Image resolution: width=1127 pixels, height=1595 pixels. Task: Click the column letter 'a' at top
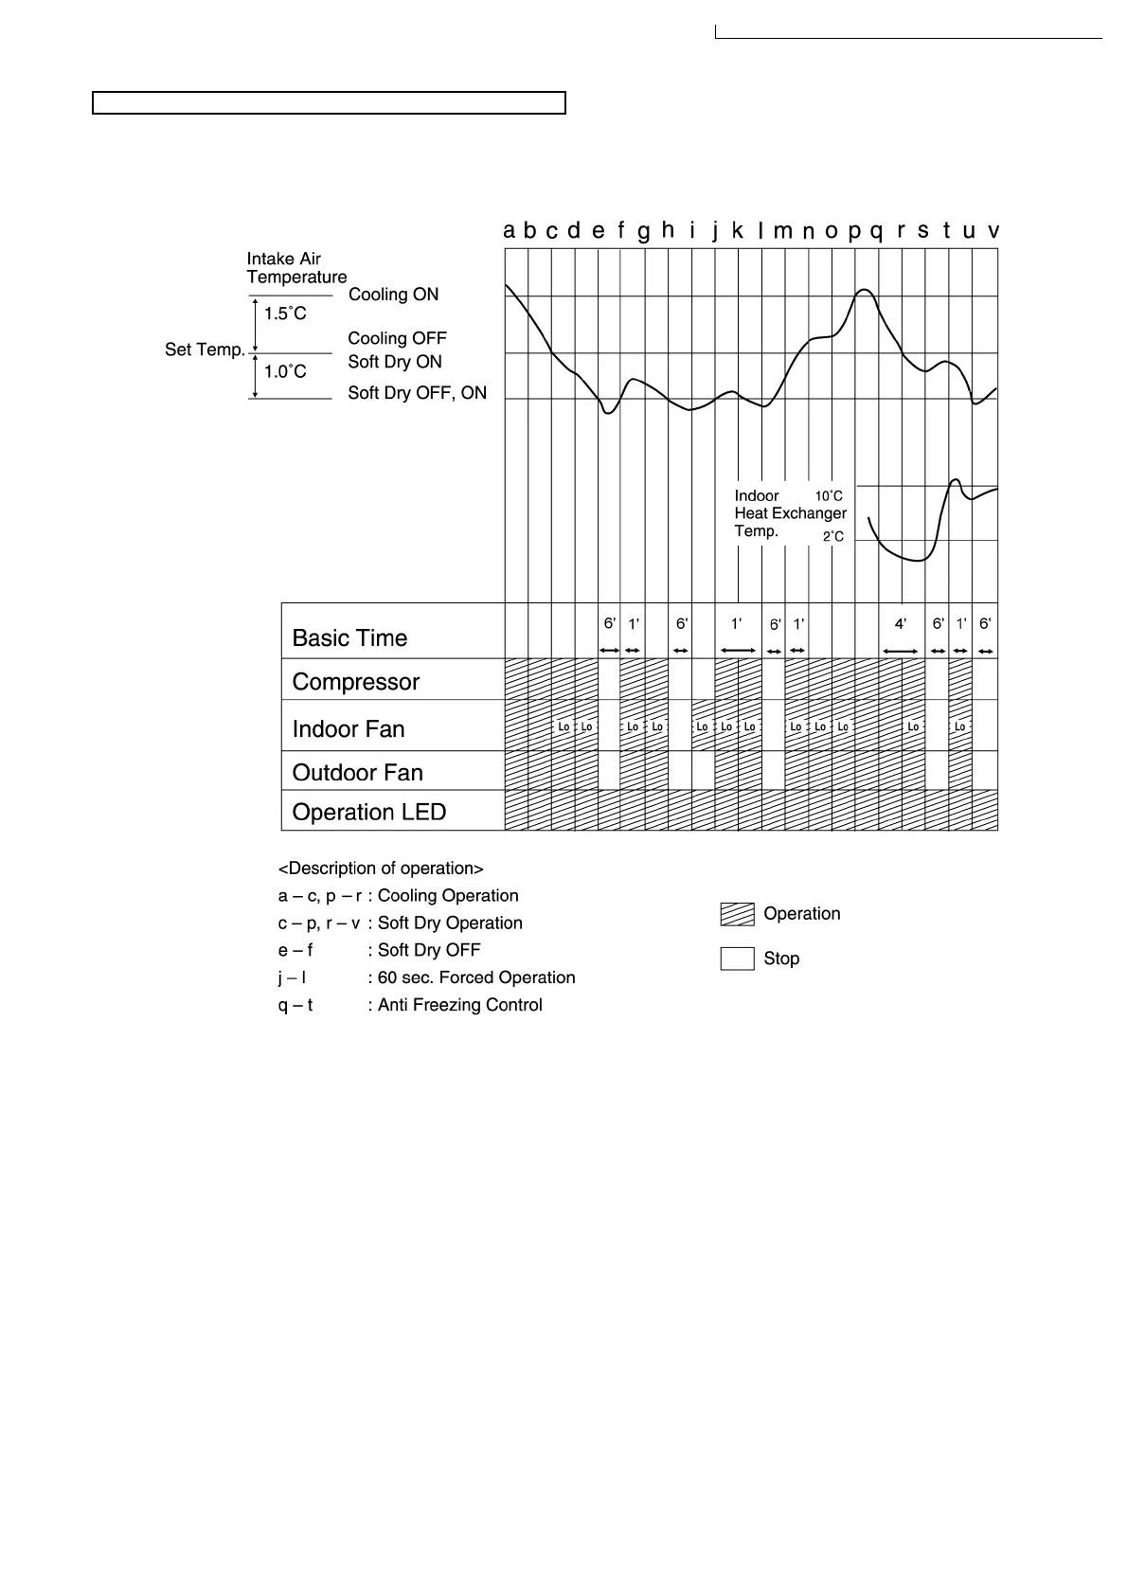[x=510, y=230]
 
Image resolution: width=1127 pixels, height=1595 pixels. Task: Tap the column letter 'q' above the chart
[x=876, y=231]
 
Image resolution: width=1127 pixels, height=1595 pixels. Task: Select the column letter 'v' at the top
[x=993, y=230]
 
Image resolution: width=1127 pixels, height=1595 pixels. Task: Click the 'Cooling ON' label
[x=393, y=295]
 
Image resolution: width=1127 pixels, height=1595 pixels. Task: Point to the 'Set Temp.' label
[x=205, y=349]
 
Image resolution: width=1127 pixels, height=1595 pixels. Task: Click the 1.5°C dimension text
[x=285, y=314]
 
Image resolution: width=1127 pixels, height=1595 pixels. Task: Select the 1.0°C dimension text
[x=285, y=372]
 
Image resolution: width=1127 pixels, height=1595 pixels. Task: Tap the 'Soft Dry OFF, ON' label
[x=417, y=393]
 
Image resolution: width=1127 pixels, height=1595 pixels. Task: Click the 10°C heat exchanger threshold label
[x=829, y=495]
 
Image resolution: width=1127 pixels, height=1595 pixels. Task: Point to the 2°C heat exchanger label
[x=832, y=537]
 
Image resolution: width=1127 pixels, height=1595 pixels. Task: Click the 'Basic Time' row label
[x=349, y=638]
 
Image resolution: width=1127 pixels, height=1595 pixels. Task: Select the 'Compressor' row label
[x=355, y=682]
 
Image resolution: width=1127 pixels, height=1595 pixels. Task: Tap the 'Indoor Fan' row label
[x=349, y=729]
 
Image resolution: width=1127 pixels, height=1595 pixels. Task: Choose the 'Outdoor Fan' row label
[x=357, y=773]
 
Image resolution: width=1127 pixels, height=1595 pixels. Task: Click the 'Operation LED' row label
[x=368, y=813]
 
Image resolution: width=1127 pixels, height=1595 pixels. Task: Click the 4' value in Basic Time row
[x=901, y=624]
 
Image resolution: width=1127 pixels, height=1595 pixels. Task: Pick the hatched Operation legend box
[x=737, y=914]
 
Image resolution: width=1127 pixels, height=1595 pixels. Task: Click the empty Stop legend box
[x=737, y=959]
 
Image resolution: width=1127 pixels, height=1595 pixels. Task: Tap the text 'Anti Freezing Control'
[x=459, y=1005]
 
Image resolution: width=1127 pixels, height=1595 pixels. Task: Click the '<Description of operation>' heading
[x=381, y=869]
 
